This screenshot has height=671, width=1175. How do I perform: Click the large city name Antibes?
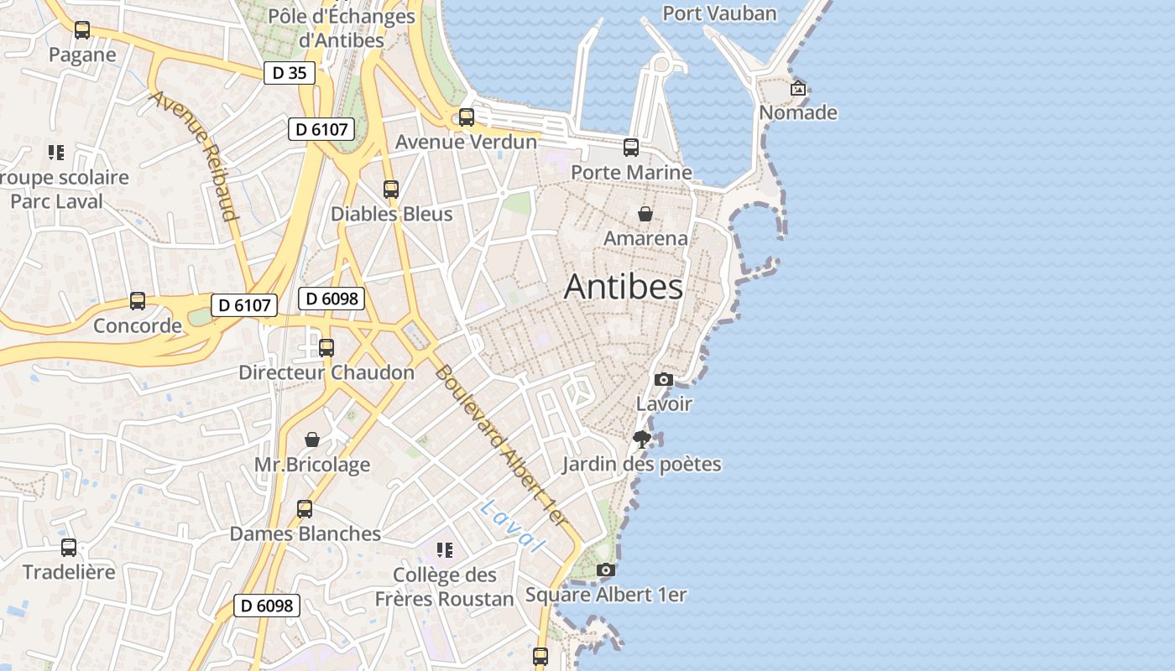pos(624,286)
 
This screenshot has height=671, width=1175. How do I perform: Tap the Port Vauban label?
pos(719,13)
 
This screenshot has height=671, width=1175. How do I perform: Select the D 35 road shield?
pos(290,73)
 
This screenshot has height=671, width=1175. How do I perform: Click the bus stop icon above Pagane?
pos(82,30)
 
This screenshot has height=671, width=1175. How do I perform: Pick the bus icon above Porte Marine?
pos(631,148)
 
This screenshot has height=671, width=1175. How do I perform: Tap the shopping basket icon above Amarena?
pos(645,214)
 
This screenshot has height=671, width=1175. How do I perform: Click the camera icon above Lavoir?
pos(664,379)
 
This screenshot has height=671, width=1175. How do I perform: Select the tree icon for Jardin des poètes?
pos(642,440)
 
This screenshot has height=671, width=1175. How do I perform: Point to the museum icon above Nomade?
pos(798,88)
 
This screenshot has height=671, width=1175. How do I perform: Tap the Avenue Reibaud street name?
pos(194,154)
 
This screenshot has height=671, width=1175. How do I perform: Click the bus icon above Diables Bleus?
pos(391,190)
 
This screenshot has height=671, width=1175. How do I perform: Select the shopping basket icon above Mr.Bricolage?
pos(312,440)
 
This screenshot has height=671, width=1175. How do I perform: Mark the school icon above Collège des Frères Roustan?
pos(445,550)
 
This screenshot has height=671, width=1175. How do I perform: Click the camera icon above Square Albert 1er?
pos(606,570)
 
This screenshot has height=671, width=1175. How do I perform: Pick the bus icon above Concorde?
pos(138,301)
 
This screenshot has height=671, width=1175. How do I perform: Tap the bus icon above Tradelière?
pos(69,548)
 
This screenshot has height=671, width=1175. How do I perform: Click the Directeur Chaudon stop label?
pos(326,372)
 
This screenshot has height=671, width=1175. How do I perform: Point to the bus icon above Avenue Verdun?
pos(467,117)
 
